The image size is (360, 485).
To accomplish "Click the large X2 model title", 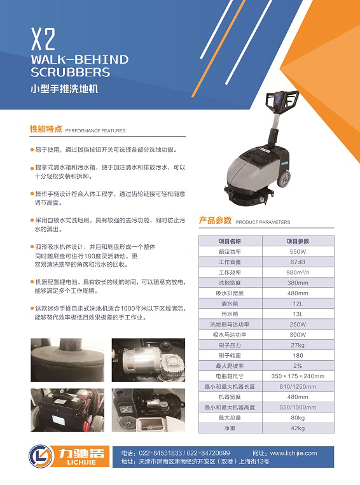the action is [43, 39].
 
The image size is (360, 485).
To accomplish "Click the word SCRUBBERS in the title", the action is [71, 73].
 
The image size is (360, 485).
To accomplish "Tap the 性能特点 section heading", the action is [46, 129].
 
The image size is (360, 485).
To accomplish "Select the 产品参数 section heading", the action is [215, 220].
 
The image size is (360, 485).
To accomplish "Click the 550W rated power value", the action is [298, 251].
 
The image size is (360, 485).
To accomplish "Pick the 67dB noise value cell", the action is [298, 262].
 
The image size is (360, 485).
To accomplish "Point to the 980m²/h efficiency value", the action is [298, 272].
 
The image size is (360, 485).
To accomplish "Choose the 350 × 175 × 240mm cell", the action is [298, 376].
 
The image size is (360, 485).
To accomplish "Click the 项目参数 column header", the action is [298, 241].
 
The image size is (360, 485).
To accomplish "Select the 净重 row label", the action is [230, 428].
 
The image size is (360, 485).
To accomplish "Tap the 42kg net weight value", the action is [298, 428].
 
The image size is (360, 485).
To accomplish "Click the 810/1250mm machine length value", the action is [298, 386].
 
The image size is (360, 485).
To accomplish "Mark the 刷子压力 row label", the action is [230, 345].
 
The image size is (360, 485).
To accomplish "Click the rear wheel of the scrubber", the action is [284, 178].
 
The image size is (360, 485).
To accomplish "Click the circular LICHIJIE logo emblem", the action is [41, 456].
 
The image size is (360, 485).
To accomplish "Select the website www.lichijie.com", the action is [294, 453].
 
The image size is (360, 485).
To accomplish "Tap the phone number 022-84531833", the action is [160, 453].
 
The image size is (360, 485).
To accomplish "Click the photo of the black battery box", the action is [67, 410].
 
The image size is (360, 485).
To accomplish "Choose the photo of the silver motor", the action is [148, 360].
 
